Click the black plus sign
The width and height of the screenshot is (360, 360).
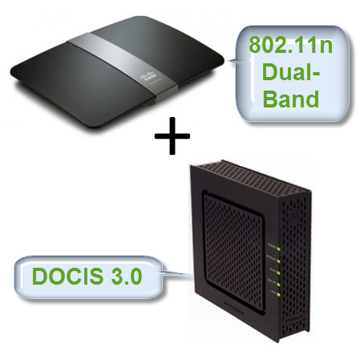tap(172, 136)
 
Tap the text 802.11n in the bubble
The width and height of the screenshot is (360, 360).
tap(291, 45)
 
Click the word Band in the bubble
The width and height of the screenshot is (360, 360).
tap(291, 99)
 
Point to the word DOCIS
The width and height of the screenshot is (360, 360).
tap(67, 276)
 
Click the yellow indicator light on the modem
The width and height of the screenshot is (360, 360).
tap(278, 295)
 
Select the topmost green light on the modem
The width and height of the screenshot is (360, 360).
tap(278, 249)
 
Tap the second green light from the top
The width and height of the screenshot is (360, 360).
tap(278, 261)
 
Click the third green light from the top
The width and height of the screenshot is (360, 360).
tap(278, 273)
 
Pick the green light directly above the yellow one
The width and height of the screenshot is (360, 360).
tap(278, 284)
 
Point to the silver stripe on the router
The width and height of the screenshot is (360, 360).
tap(123, 67)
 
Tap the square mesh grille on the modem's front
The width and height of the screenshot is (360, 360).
tap(233, 251)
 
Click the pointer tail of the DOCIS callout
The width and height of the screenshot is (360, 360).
tap(177, 273)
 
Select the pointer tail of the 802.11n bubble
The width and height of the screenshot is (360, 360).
tap(233, 62)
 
